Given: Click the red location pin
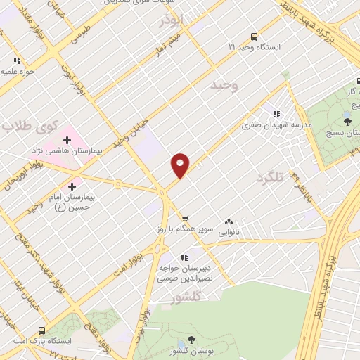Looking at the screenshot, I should pos(180,165).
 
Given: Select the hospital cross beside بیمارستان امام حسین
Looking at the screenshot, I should pos(72,186).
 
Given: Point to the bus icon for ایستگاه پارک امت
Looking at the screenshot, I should pos(43,330).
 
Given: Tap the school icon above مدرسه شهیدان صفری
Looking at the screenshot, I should pos(276,113).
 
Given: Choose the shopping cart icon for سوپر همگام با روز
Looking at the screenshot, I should pos(185,219).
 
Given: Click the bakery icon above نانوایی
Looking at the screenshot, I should pos(229,221).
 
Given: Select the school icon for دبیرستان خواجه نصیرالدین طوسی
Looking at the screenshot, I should pos(184,257).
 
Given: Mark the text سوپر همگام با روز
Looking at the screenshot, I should pos(185,230).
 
